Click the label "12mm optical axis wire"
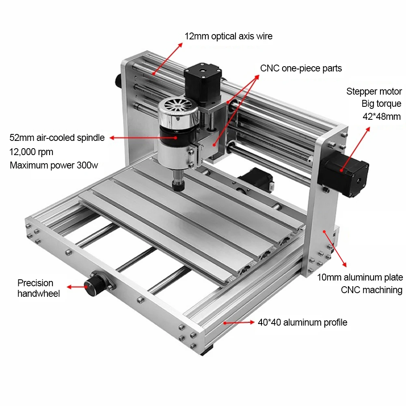click(229, 36)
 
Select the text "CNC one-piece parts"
click(301, 68)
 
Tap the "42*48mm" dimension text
click(381, 117)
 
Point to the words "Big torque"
click(381, 104)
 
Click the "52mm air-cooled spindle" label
click(57, 138)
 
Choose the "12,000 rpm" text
click(31, 152)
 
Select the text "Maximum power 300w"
click(53, 165)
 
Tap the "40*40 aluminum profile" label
click(302, 322)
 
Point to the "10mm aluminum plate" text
click(360, 277)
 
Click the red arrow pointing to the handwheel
click(76, 287)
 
